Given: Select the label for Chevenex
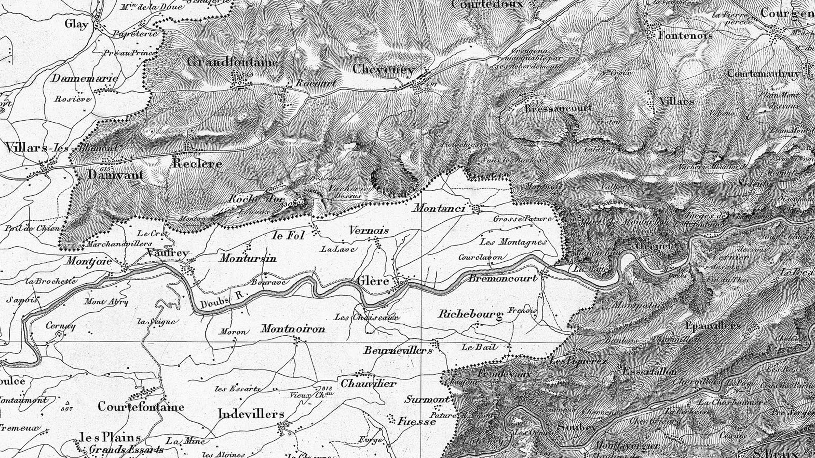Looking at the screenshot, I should click(x=383, y=69).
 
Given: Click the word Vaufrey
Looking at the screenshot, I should click(x=167, y=253).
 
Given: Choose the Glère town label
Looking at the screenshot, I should click(x=372, y=281).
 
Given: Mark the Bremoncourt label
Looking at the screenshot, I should click(x=503, y=278).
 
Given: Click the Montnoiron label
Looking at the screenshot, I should click(x=293, y=329).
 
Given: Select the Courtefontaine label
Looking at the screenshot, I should click(x=141, y=407).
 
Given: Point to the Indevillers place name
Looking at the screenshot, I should click(x=251, y=414).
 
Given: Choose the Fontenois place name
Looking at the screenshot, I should click(x=685, y=35).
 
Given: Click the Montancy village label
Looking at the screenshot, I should click(x=439, y=208).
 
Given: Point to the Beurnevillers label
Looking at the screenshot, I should click(x=398, y=350).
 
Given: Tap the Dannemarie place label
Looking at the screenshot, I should click(x=85, y=78).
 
